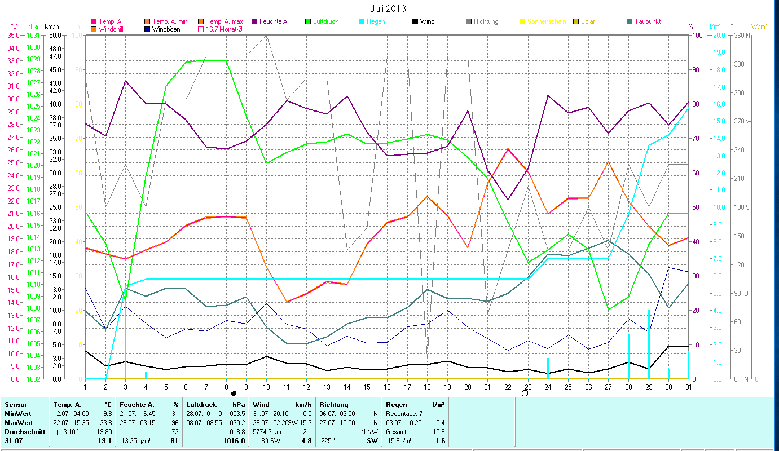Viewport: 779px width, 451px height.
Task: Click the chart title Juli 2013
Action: (x=388, y=8)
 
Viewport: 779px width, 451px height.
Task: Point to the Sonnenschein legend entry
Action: (x=542, y=21)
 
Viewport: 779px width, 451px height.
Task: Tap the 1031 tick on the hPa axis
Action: (x=33, y=35)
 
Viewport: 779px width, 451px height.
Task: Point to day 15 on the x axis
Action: (x=367, y=387)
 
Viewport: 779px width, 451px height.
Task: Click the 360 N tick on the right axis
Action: (x=741, y=35)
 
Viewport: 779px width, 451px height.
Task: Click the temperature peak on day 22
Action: (x=508, y=149)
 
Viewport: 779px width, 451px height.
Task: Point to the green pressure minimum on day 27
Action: (x=608, y=309)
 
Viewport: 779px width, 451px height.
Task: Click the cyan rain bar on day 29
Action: (x=649, y=344)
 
